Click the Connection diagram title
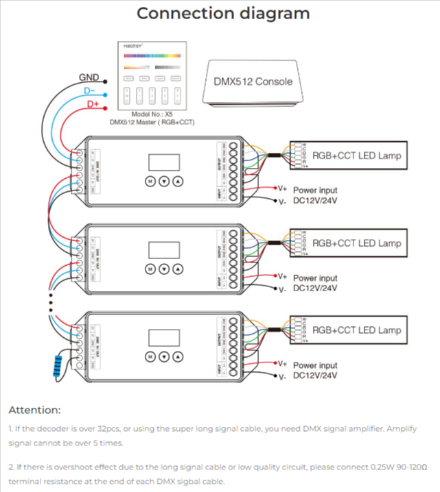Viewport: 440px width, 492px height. tap(222, 14)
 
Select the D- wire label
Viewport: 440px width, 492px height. tap(89, 91)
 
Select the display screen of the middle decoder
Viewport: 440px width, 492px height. tap(164, 251)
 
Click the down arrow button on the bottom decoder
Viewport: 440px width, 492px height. tap(164, 356)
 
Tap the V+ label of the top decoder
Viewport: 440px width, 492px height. tap(281, 187)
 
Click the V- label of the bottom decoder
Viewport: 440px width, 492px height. tap(281, 378)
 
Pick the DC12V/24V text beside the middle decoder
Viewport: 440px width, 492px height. tap(316, 288)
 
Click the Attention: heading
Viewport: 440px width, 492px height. tap(34, 410)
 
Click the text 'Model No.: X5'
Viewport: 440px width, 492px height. tap(152, 114)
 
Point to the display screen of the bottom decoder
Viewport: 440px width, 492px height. tap(164, 338)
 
